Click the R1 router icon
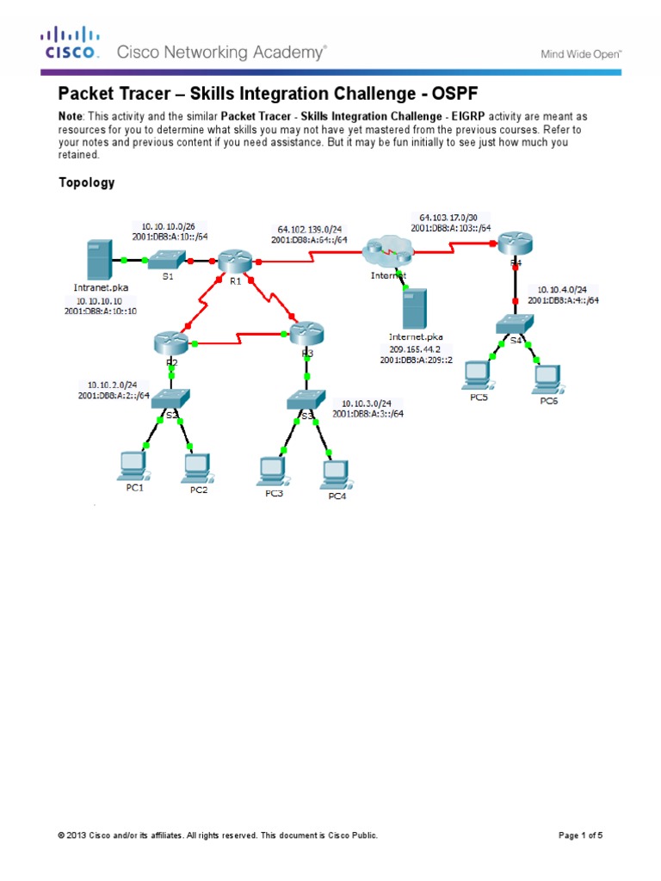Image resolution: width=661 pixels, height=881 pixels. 232,260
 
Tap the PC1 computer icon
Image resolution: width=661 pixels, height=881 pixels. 133,465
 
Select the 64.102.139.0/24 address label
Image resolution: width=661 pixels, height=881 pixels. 310,229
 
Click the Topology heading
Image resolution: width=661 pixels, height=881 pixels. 86,182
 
